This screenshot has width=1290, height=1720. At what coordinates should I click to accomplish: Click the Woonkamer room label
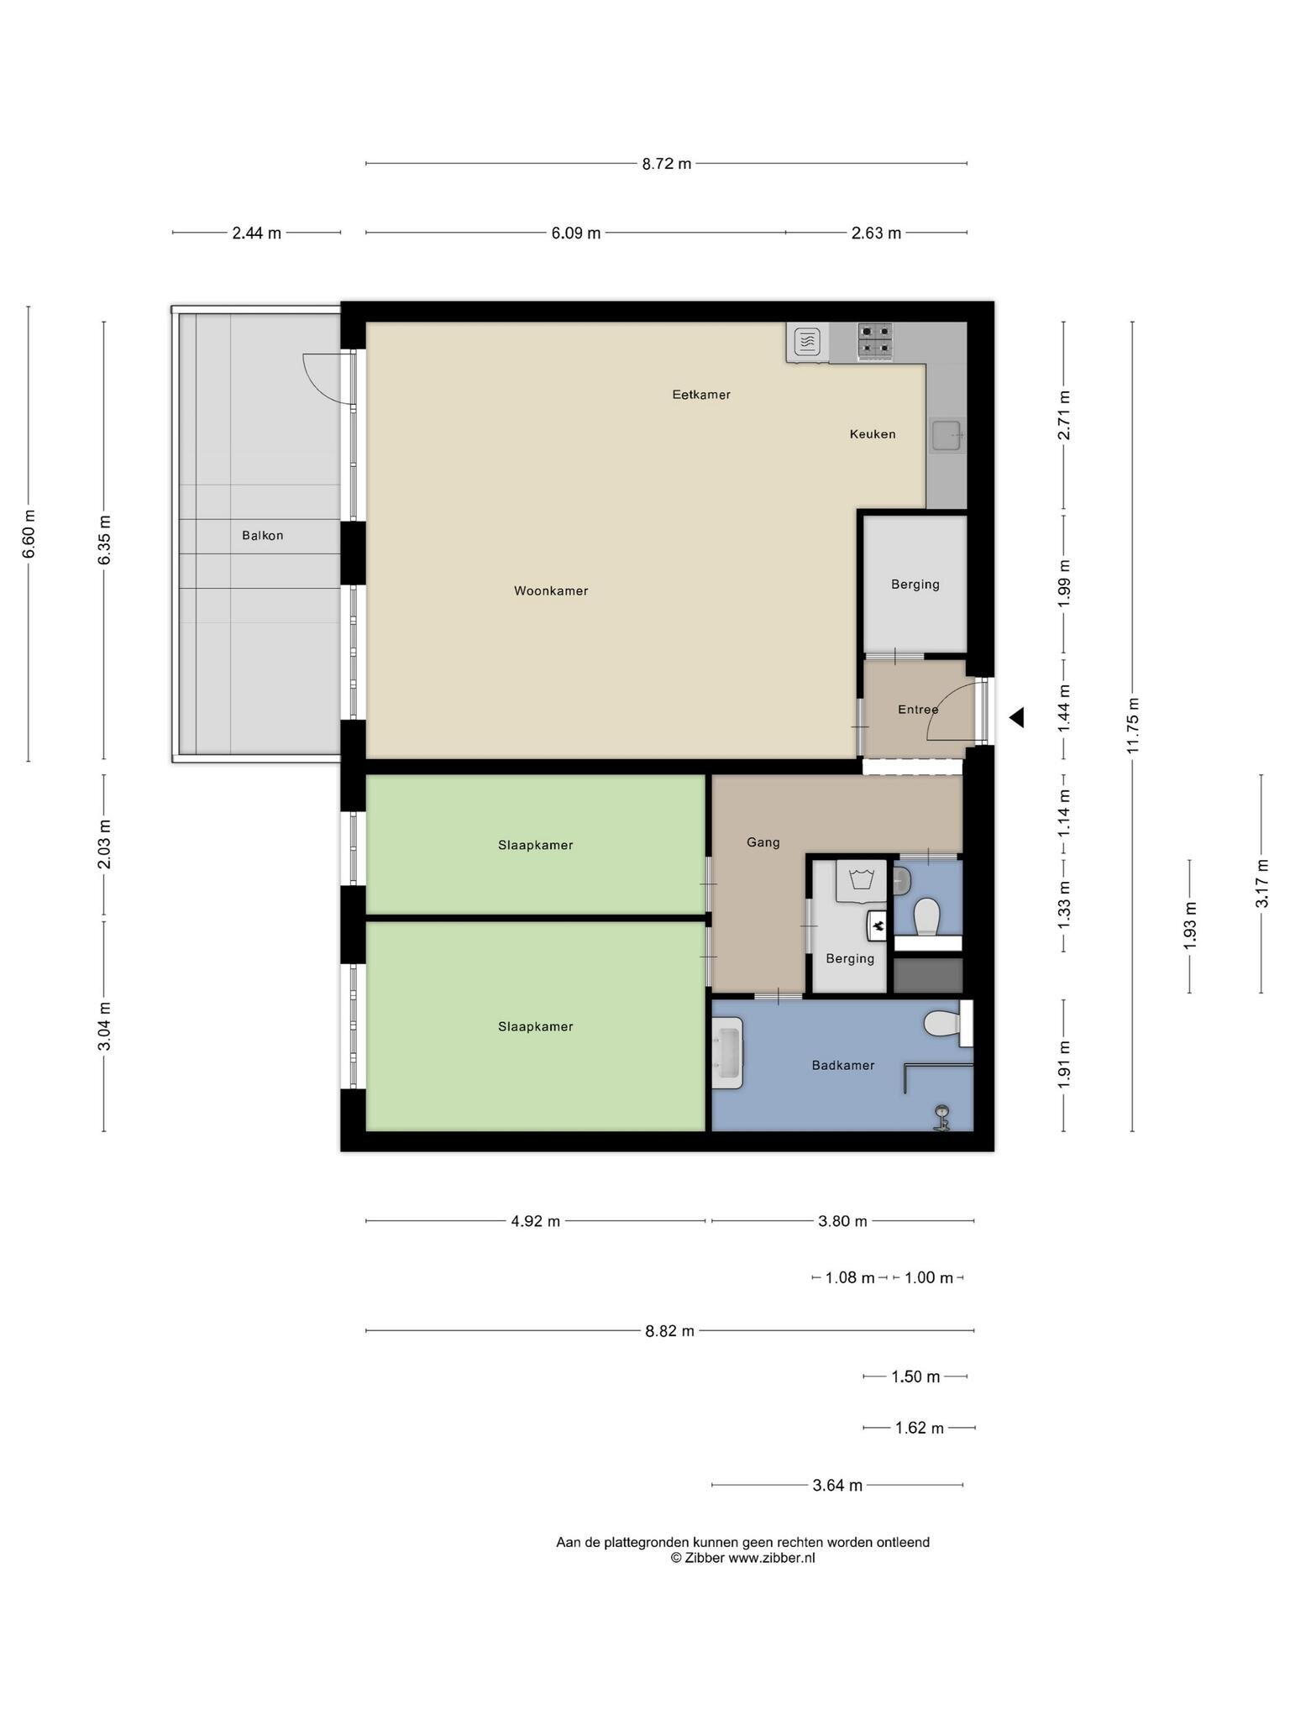551,591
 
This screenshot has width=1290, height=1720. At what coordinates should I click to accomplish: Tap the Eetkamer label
701,395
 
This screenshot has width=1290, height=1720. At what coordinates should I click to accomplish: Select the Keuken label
873,434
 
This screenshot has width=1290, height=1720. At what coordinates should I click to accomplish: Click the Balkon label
263,535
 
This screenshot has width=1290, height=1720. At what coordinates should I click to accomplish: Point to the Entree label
918,710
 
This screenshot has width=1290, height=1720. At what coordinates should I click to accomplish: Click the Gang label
763,842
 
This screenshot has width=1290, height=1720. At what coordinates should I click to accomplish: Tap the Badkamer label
843,1066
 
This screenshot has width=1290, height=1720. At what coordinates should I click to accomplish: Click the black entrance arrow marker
1017,717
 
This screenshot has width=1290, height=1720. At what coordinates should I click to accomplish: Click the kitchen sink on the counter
947,435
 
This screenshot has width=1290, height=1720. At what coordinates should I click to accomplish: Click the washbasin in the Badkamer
727,1052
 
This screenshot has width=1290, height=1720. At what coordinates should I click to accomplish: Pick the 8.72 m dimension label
667,164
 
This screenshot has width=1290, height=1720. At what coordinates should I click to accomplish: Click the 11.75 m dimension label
1133,726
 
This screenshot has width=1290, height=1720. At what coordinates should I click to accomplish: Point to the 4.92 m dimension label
536,1221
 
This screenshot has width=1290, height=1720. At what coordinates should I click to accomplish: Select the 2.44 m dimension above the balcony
257,233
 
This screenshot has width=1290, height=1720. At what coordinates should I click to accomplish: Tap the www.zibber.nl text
772,1558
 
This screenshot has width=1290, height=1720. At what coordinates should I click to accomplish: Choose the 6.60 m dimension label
29,534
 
